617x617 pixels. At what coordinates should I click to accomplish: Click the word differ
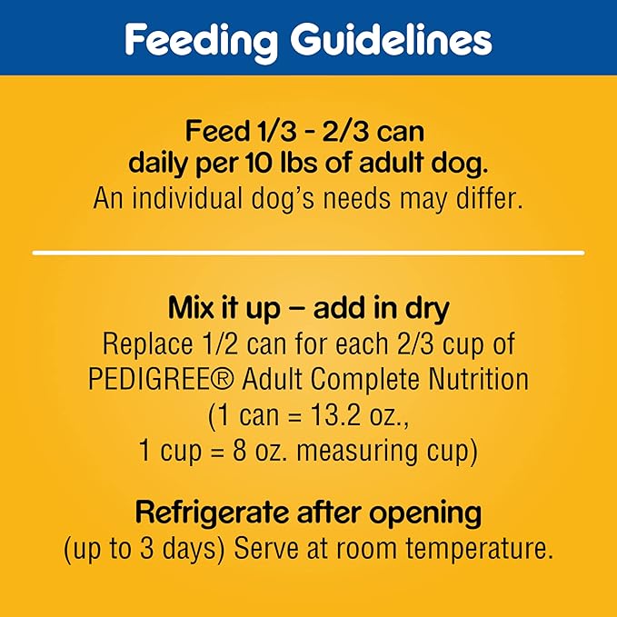click(489, 199)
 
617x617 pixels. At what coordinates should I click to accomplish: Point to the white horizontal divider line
click(308, 252)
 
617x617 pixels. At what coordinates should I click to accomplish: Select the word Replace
click(140, 344)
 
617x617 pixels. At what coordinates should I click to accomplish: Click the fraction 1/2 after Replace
click(212, 344)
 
